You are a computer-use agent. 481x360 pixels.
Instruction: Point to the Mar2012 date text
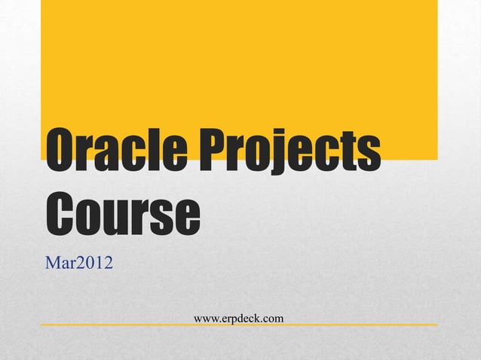[80, 264]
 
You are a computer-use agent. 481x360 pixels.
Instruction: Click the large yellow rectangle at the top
[238, 68]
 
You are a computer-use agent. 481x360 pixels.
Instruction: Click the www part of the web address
[206, 319]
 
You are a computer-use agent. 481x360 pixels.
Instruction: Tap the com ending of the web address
[273, 319]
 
